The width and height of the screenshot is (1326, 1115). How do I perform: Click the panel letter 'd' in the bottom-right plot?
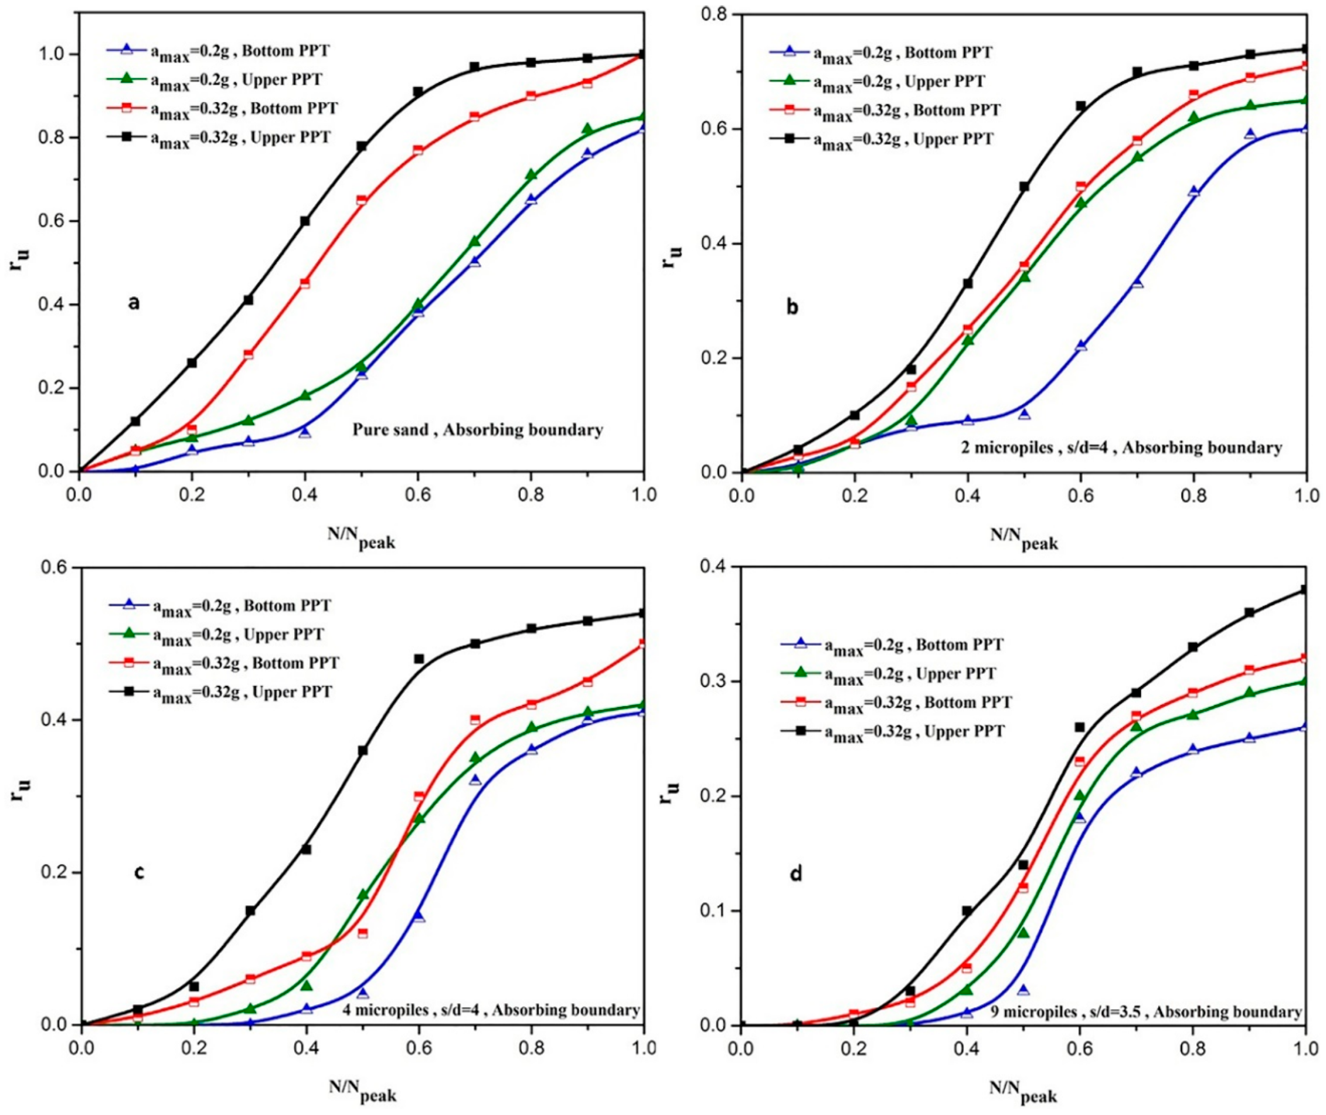click(x=797, y=875)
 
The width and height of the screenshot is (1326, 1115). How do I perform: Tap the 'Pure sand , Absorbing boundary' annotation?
click(x=478, y=430)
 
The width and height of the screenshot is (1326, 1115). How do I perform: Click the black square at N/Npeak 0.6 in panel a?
click(x=418, y=92)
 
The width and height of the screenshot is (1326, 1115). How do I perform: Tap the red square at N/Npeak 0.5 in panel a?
click(x=362, y=200)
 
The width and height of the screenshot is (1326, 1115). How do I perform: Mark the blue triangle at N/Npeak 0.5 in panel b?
click(x=1024, y=415)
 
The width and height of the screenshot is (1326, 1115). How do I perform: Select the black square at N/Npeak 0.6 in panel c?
click(x=418, y=659)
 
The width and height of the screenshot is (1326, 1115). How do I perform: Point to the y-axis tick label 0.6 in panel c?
click(x=56, y=568)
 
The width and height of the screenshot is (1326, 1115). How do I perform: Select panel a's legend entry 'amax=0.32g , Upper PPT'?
click(x=240, y=137)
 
